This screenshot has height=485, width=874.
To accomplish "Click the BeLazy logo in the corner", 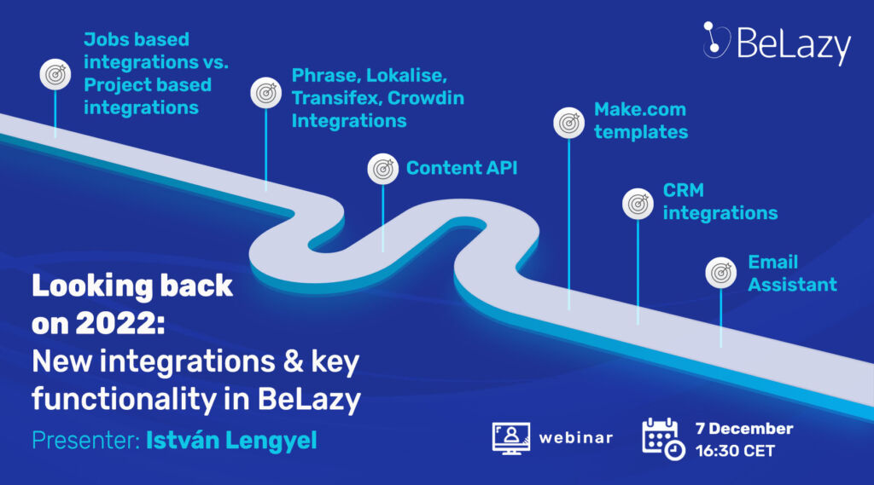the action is pyautogui.click(x=777, y=43).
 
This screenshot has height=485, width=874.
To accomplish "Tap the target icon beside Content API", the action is pyautogui.click(x=383, y=169).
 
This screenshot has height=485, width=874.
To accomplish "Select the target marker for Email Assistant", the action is pyautogui.click(x=720, y=273).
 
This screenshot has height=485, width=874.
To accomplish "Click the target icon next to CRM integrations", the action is pyautogui.click(x=638, y=204).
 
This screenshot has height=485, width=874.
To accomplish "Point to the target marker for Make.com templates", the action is pyautogui.click(x=568, y=123).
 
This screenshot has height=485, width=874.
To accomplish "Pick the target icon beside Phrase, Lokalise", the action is pyautogui.click(x=266, y=92).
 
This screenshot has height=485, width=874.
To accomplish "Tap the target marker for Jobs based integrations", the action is pyautogui.click(x=55, y=74).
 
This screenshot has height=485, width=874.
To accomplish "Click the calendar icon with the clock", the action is pyautogui.click(x=663, y=439).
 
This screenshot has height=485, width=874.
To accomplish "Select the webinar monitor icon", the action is pyautogui.click(x=510, y=438).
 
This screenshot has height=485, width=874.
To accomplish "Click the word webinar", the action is pyautogui.click(x=576, y=438).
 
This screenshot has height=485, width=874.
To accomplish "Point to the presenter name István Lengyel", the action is pyautogui.click(x=231, y=441).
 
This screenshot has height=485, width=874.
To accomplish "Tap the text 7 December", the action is pyautogui.click(x=744, y=429).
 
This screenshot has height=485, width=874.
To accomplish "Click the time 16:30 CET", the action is pyautogui.click(x=735, y=450).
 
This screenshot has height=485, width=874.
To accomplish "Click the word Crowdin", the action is pyautogui.click(x=425, y=98).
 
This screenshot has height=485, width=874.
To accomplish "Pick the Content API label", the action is pyautogui.click(x=462, y=168).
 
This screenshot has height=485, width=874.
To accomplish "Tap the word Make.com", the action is pyautogui.click(x=640, y=109).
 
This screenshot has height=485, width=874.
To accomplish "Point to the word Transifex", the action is pyautogui.click(x=336, y=98).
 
